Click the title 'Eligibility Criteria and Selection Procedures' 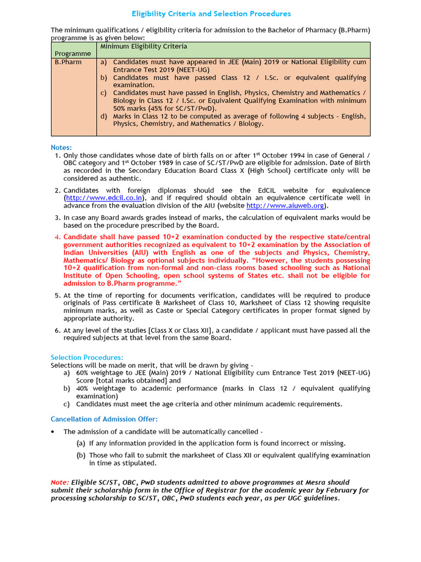pyautogui.click(x=211, y=14)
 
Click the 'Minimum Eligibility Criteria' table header pyautogui.click(x=144, y=47)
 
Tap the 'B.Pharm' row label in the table pyautogui.click(x=68, y=63)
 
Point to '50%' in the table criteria pyautogui.click(x=121, y=109)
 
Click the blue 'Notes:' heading pyautogui.click(x=61, y=148)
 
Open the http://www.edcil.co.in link pyautogui.click(x=105, y=198)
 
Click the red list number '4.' pyautogui.click(x=58, y=237)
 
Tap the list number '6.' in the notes pyautogui.click(x=58, y=330)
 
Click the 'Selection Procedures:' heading pyautogui.click(x=87, y=357)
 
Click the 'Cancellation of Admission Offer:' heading pyautogui.click(x=104, y=419)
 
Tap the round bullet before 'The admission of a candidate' pyautogui.click(x=53, y=432)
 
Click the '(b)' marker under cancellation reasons pyautogui.click(x=81, y=456)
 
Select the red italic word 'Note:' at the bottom pyautogui.click(x=60, y=482)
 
